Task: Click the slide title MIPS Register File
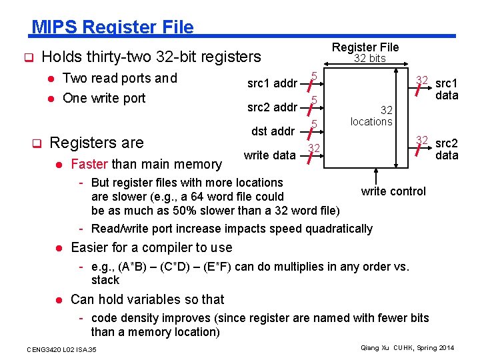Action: click(113, 27)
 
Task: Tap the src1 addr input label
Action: click(272, 83)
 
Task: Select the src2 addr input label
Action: click(272, 107)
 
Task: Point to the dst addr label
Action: click(273, 131)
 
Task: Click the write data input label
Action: click(269, 155)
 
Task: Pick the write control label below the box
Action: click(393, 191)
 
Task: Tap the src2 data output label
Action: click(446, 149)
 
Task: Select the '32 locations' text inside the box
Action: click(371, 115)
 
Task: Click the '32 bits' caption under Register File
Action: click(369, 59)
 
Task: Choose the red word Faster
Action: click(90, 164)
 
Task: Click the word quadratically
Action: click(339, 229)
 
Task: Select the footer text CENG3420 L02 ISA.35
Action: click(61, 349)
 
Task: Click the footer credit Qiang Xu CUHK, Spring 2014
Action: click(407, 348)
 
